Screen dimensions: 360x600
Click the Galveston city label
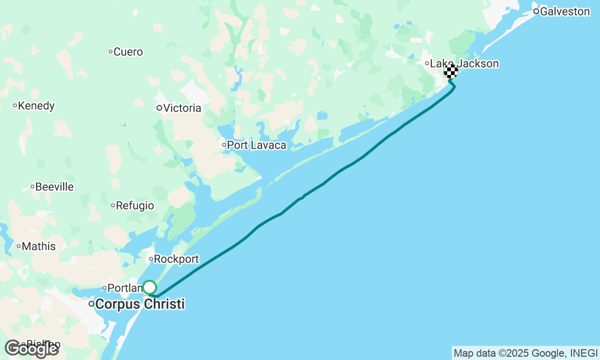[565, 12]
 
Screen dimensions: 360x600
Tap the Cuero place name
[128, 52]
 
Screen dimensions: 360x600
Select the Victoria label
[182, 108]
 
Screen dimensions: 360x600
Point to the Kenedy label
[36, 106]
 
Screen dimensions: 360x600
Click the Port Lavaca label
[256, 145]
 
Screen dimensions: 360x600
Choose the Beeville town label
[54, 187]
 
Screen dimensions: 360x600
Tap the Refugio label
[135, 205]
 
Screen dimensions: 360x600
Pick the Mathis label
[38, 247]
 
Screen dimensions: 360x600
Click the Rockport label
[176, 259]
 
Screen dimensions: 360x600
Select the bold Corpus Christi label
[140, 304]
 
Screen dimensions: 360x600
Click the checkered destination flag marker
[451, 72]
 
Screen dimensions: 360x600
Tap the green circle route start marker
[150, 287]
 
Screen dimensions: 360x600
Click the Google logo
[31, 349]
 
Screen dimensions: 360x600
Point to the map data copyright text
[525, 353]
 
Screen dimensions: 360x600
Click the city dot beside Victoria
[159, 108]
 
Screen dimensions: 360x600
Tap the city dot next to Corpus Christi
[91, 304]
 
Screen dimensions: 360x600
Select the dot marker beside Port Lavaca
[224, 145]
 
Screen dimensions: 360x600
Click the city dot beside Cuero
[111, 52]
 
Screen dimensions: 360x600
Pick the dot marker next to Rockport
[151, 259]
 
